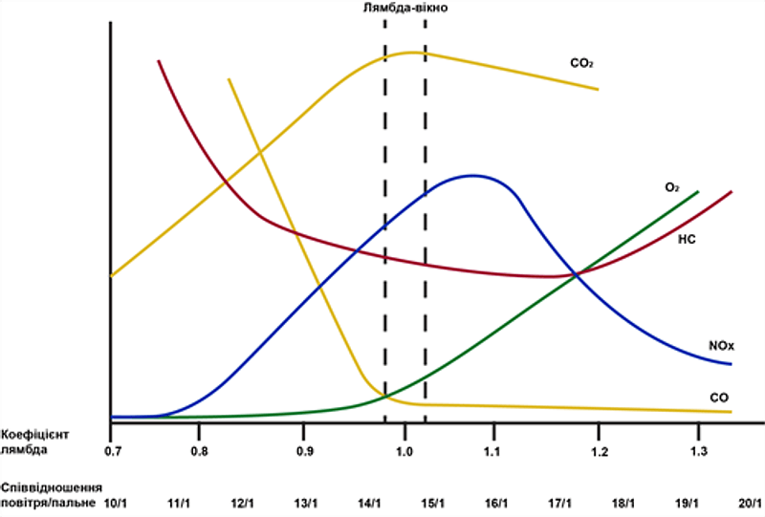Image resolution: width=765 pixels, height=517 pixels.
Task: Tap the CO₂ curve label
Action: click(581, 64)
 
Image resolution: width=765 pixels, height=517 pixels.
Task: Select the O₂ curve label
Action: click(671, 188)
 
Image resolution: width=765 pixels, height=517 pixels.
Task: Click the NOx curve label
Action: click(722, 344)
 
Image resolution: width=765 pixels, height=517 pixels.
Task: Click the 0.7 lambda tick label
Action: click(112, 449)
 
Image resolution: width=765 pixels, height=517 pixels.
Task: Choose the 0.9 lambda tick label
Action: click(305, 449)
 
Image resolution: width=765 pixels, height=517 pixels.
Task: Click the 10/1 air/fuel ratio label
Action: click(115, 503)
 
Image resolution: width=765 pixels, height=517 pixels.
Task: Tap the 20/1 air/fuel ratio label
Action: click(751, 503)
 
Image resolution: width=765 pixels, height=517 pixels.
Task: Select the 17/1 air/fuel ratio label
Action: click(559, 503)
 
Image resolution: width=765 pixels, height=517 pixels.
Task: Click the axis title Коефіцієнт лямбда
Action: click(32, 440)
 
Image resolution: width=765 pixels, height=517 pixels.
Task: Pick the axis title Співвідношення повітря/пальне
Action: click(52, 494)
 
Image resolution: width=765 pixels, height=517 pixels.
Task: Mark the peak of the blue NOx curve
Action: click(472, 175)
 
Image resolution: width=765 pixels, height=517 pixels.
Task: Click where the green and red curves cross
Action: click(575, 275)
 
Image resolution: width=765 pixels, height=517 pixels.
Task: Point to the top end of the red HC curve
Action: click(158, 61)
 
